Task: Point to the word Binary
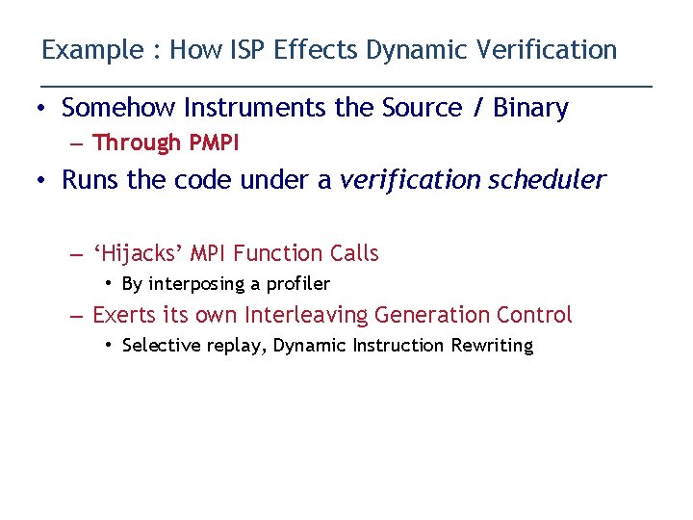[x=530, y=108]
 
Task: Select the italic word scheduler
[x=546, y=180]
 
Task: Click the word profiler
[x=298, y=284]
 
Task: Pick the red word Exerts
[x=122, y=315]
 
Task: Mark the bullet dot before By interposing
[x=110, y=284]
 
